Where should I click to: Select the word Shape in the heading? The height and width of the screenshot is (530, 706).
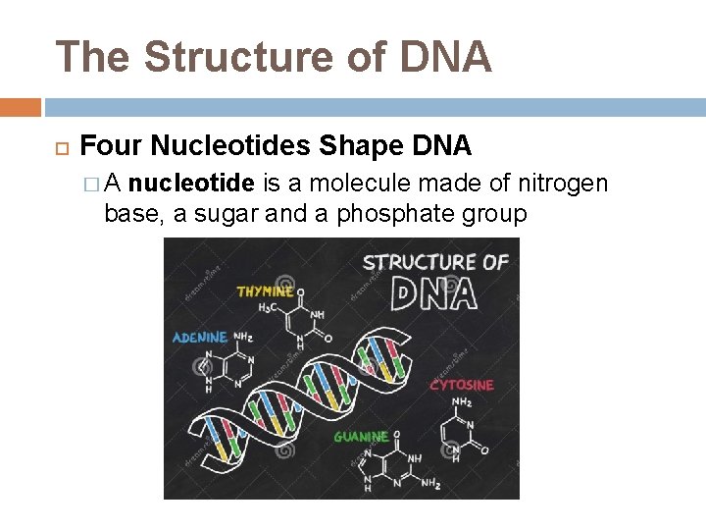[352, 147]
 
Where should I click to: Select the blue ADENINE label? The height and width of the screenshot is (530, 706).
[199, 338]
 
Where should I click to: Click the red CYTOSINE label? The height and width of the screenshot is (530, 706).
[462, 385]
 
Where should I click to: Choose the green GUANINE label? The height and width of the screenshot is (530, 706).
[361, 436]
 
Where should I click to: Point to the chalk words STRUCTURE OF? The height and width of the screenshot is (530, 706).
[435, 262]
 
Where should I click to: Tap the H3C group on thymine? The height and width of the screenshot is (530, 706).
[267, 307]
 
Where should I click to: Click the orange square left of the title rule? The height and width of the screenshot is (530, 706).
[20, 107]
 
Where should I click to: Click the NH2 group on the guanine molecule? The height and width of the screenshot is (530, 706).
[430, 482]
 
